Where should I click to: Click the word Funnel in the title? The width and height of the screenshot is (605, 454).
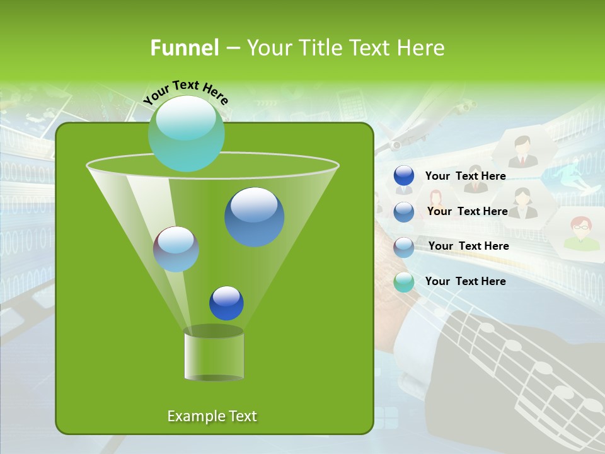tap(184, 47)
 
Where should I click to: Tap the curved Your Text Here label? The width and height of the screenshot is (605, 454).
tap(186, 92)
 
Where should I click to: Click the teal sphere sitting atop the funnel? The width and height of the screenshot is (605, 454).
tap(187, 133)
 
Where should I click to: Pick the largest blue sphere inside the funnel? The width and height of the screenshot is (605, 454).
tap(254, 217)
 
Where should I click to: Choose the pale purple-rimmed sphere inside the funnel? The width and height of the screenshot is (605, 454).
tap(176, 249)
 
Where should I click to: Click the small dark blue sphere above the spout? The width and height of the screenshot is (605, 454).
tap(226, 303)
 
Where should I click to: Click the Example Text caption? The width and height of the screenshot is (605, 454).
tap(212, 416)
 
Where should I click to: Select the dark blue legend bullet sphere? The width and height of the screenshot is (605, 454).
tap(404, 176)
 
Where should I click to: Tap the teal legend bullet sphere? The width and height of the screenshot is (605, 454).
tap(404, 282)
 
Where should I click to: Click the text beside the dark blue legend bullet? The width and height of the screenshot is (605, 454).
tap(465, 176)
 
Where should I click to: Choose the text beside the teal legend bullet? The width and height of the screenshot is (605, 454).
tap(465, 281)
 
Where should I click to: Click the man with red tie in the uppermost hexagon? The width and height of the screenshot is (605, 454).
tap(522, 152)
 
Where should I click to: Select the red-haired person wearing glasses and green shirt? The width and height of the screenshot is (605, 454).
tap(581, 232)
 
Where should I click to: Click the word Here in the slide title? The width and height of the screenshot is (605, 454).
tap(422, 47)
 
